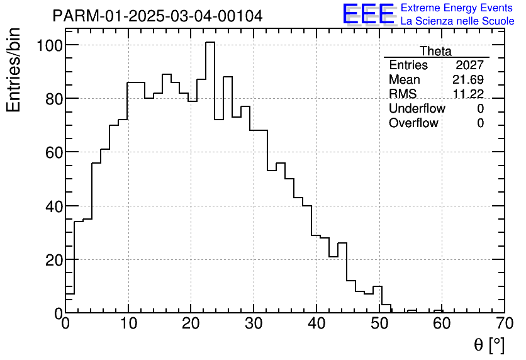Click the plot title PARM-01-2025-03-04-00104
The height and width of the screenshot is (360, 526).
pos(157,16)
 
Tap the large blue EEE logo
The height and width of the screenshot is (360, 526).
pos(369,14)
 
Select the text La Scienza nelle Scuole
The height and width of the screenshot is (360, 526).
pos(457,21)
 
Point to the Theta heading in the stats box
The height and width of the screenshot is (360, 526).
pos(435,51)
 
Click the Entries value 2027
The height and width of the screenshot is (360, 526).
pos(470,65)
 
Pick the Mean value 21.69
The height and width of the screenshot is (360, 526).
pos(468,80)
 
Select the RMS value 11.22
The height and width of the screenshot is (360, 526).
pos(468,94)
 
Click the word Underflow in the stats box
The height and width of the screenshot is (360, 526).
pos(417,108)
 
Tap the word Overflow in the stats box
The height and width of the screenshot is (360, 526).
pos(413,123)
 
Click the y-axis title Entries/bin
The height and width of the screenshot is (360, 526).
pos(14,70)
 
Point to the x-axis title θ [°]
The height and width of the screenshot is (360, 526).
pos(489,345)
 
